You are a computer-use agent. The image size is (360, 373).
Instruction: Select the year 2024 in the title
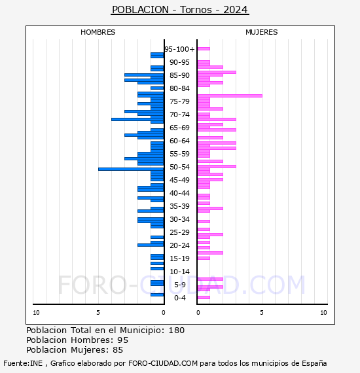tap(236, 10)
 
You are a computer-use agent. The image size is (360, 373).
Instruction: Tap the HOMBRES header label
tap(98, 32)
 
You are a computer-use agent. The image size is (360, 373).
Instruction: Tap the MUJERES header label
tap(261, 32)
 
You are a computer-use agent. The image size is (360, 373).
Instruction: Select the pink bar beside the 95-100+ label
tap(203, 48)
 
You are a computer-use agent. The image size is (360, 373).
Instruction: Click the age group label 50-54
tap(179, 167)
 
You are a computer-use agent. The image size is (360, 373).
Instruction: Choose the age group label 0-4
tap(179, 298)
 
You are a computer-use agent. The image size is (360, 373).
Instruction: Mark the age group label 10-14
tap(179, 272)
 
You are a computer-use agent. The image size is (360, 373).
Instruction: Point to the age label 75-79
tap(179, 101)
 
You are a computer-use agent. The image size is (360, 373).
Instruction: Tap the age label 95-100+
tap(179, 49)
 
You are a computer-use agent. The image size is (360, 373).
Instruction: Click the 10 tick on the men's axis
tap(36, 313)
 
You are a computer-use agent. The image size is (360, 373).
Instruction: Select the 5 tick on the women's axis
tap(261, 313)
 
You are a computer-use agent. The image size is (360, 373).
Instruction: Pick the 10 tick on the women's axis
tap(323, 313)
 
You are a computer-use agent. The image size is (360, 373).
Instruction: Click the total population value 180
tap(176, 330)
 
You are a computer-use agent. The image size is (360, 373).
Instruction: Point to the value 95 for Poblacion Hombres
tap(122, 340)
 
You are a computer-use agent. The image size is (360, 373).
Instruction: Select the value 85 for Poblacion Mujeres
tap(117, 350)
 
